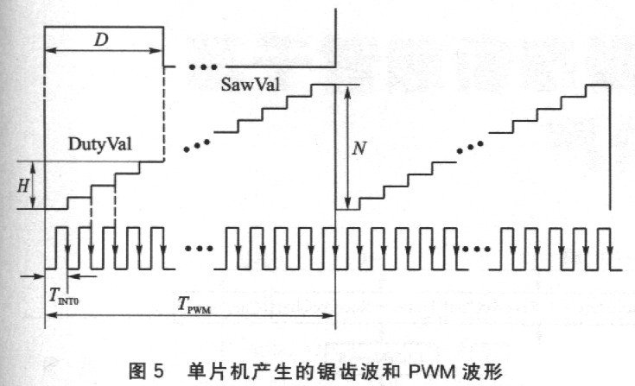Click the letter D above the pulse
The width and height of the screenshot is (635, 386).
tap(101, 40)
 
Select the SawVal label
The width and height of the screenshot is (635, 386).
tap(251, 84)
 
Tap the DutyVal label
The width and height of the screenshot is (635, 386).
tap(100, 144)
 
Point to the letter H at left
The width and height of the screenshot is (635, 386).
tap(23, 186)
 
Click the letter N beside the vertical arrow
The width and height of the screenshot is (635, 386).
tap(359, 149)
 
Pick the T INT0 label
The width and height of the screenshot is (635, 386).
tap(64, 295)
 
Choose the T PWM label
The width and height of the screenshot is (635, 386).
tap(194, 304)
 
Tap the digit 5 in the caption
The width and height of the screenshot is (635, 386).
tap(159, 371)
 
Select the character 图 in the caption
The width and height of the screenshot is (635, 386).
tap(137, 371)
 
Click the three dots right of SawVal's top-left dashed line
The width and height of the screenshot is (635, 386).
tap(203, 66)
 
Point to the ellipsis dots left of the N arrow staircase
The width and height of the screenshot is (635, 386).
tap(197, 146)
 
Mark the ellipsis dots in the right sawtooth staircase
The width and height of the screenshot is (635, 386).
tap(470, 148)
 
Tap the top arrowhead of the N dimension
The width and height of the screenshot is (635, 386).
tap(347, 92)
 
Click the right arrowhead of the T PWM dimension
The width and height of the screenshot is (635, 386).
tap(328, 315)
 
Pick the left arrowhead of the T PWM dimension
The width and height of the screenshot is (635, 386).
tap(52, 315)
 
